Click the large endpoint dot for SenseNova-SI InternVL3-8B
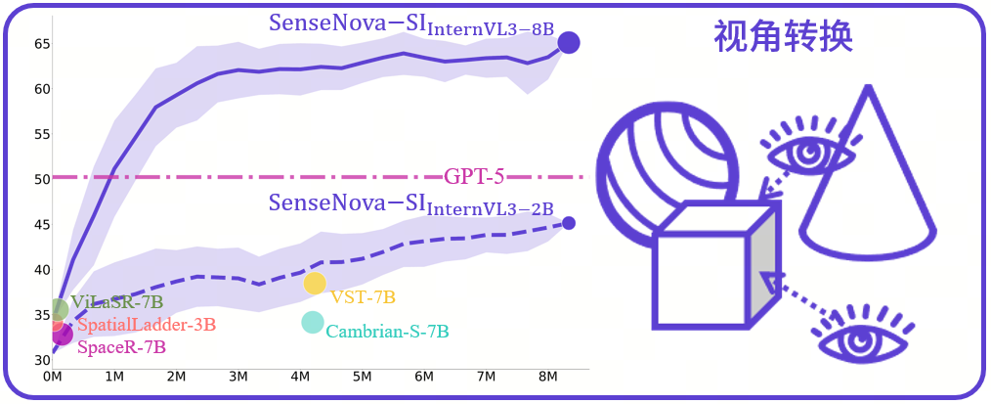point(568,42)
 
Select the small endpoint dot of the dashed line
point(569,223)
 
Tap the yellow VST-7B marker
point(315,284)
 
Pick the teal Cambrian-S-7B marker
point(312,322)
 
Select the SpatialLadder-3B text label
point(146,325)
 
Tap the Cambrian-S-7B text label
point(387,332)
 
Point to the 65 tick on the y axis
point(42,44)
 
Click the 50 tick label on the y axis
point(42,179)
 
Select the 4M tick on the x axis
point(300,377)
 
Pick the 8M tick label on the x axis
point(548,377)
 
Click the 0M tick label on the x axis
point(53,377)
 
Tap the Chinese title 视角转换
point(784,37)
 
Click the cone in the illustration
point(866,186)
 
